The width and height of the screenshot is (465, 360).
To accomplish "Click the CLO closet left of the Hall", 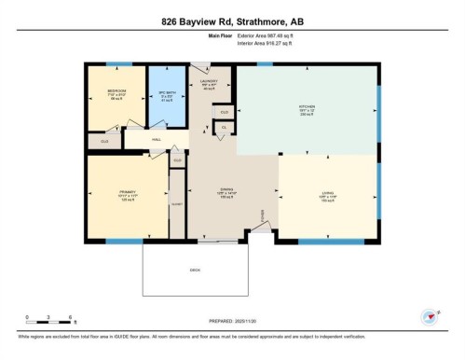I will tap(103, 140).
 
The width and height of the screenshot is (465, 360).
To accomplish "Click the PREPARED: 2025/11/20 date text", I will tap(231, 320).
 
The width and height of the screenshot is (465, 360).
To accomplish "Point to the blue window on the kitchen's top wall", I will tap(265, 63).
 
